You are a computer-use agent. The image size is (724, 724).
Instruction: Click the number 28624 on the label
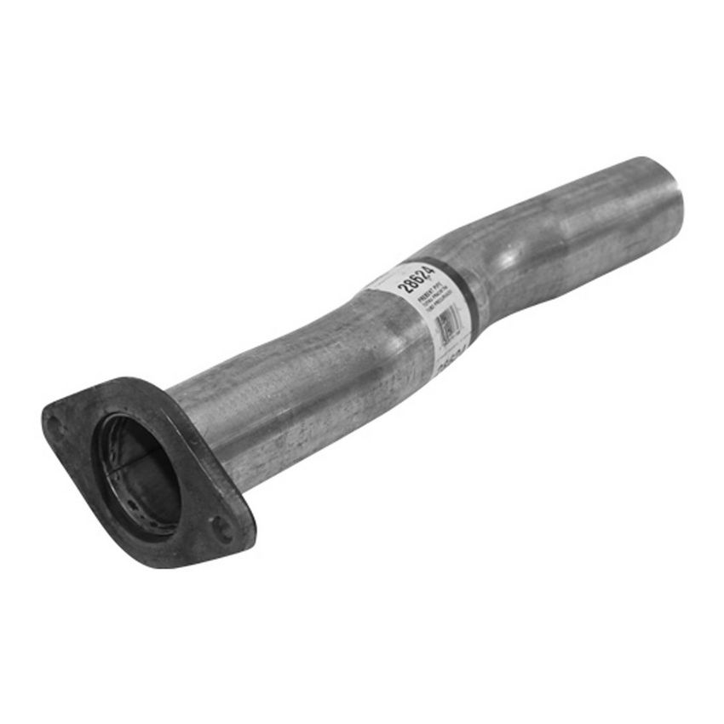pyautogui.click(x=417, y=279)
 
